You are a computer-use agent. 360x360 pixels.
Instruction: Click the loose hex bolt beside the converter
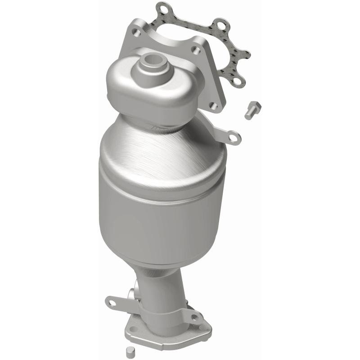[253, 110]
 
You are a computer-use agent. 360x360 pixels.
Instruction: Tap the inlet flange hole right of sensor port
[196, 51]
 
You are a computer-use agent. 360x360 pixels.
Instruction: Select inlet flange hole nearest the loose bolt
[214, 106]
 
